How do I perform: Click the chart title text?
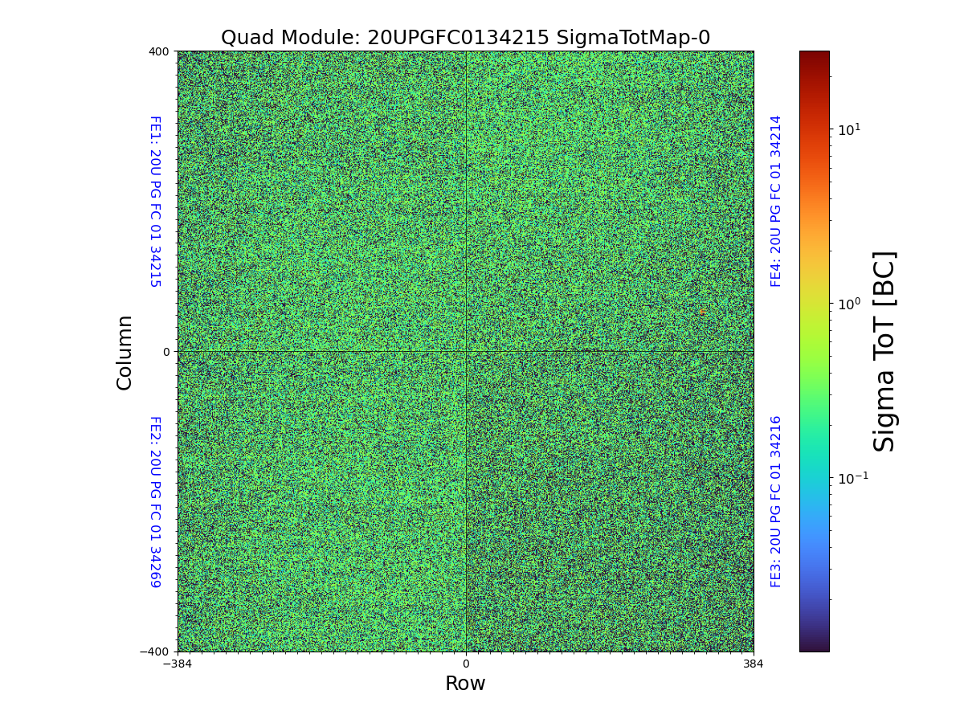465,38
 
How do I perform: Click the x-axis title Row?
465,684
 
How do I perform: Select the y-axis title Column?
125,352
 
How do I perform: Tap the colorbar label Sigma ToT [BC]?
884,351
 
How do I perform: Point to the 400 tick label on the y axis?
159,51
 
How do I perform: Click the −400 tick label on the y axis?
156,652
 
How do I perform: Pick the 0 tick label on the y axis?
166,352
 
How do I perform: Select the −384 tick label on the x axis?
178,664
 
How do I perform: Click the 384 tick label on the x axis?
754,664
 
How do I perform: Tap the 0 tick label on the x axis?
465,664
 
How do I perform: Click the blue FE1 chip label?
155,202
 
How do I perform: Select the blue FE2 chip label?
155,501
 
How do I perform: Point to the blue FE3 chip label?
776,501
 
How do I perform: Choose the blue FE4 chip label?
776,202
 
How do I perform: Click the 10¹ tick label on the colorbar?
849,129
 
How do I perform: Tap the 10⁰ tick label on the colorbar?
849,304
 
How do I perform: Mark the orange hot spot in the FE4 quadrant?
702,312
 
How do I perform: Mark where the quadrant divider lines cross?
466,352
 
